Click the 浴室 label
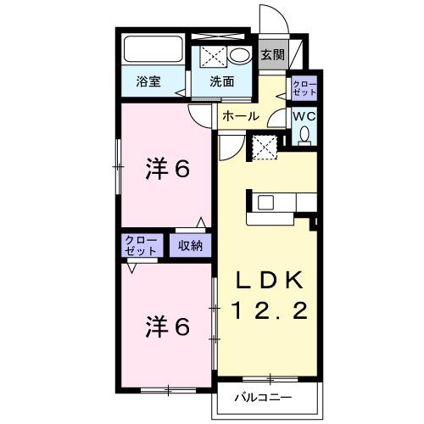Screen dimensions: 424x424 click(149, 81)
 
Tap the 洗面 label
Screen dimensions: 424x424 click(223, 81)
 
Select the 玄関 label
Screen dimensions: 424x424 click(272, 56)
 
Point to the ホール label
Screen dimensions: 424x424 click(241, 116)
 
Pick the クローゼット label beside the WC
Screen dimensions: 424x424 click(304, 87)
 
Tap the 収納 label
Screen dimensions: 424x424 click(191, 246)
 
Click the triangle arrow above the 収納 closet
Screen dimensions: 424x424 click(201, 223)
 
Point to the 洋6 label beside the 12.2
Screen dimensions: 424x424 click(165, 324)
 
